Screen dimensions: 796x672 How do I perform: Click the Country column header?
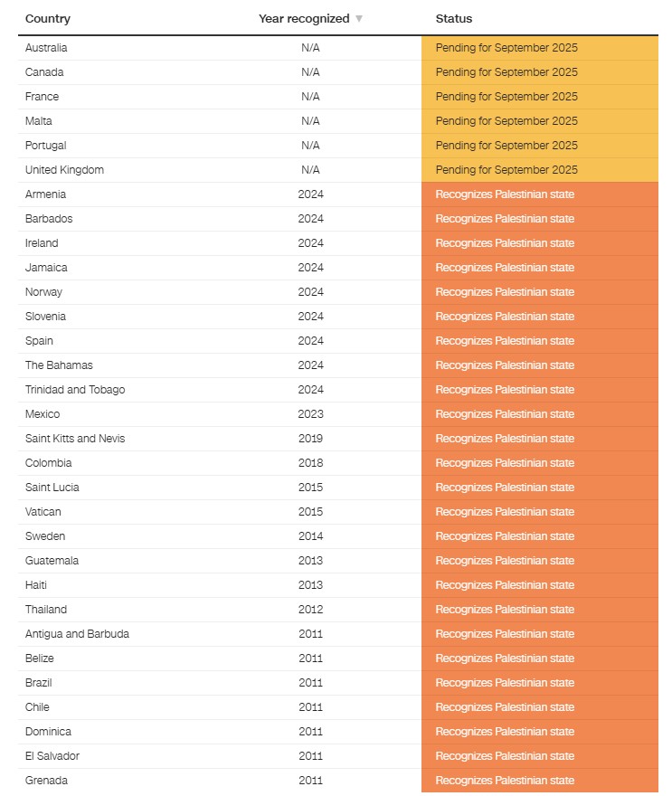pyautogui.click(x=48, y=18)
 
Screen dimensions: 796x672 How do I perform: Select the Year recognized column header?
pyautogui.click(x=304, y=18)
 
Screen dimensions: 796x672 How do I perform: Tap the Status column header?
pyautogui.click(x=454, y=18)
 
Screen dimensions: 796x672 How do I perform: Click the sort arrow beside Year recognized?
pyautogui.click(x=359, y=19)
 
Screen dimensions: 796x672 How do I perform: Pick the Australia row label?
pyautogui.click(x=46, y=48)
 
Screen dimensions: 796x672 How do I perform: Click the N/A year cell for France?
pyautogui.click(x=310, y=97)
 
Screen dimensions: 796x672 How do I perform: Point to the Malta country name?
pyautogui.click(x=39, y=121)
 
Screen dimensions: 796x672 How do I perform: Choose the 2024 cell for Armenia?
pyautogui.click(x=310, y=194)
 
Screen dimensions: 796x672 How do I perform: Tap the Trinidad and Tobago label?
pyautogui.click(x=75, y=390)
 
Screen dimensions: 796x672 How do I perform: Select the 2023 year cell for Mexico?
pyautogui.click(x=310, y=414)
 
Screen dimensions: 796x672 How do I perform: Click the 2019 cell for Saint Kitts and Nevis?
pyautogui.click(x=310, y=439)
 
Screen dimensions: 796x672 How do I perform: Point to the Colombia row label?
pyautogui.click(x=49, y=463)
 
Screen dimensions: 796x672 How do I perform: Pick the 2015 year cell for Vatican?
pyautogui.click(x=310, y=512)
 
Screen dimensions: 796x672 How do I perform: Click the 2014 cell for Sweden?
pyautogui.click(x=310, y=536)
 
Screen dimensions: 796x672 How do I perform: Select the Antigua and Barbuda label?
pyautogui.click(x=77, y=634)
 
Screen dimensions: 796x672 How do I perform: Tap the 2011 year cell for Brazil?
pyautogui.click(x=310, y=683)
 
